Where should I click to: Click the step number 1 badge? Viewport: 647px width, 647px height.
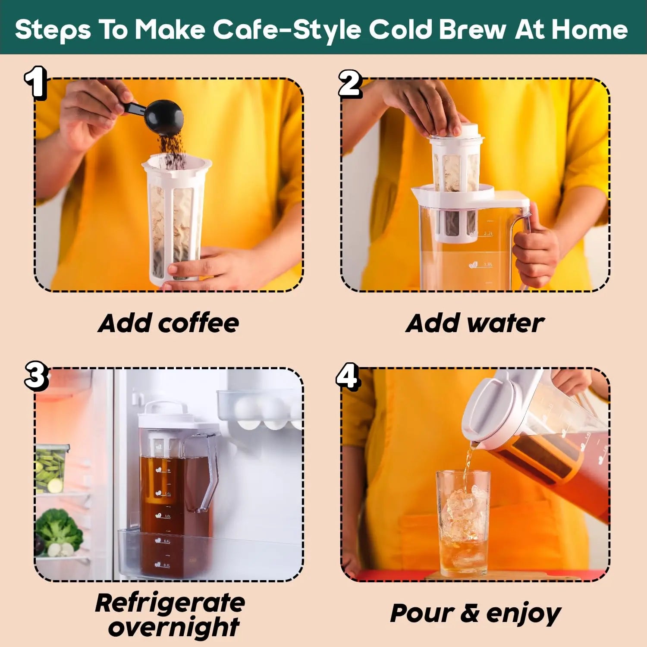(x=36, y=83)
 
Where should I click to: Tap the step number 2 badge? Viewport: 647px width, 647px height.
(x=350, y=84)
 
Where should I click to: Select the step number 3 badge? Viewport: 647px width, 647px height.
(x=36, y=376)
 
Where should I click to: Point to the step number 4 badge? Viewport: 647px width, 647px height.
(x=348, y=377)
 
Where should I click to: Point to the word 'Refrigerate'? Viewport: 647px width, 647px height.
(x=170, y=603)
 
